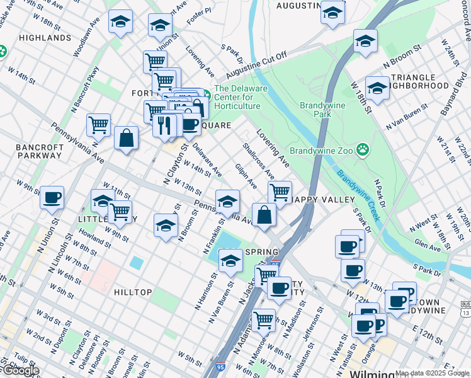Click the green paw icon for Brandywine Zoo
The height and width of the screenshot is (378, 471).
point(363,150)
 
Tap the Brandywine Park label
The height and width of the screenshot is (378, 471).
point(324,110)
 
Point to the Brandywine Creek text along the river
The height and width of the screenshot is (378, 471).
point(357,195)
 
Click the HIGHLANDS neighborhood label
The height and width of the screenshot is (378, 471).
point(45,38)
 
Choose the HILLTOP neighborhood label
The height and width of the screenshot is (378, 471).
point(133,292)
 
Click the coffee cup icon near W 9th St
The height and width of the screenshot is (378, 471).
point(52,198)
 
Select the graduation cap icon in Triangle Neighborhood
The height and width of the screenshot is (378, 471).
point(377,88)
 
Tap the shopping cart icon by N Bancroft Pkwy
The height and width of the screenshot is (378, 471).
point(99,124)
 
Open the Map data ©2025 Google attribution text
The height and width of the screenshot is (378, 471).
point(432,373)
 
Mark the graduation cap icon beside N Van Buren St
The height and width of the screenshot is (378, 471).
point(230,260)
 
